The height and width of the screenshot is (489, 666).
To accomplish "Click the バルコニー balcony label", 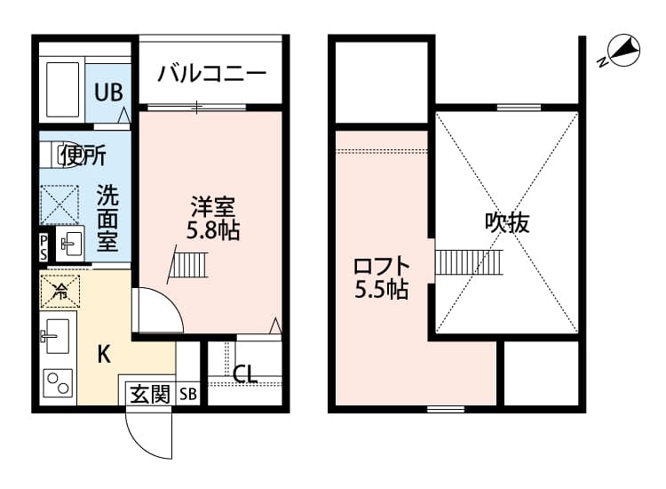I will tap(212, 73).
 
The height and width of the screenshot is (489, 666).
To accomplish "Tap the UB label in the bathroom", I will tap(110, 90).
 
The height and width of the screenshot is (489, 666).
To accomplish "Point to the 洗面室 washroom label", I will tap(107, 218).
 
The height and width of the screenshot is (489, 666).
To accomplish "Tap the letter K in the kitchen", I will tap(104, 354).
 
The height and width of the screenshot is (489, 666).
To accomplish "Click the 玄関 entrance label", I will tap(148, 394).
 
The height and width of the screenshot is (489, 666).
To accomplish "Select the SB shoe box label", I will tap(188, 394).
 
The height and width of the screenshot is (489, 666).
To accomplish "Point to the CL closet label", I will tap(245, 373).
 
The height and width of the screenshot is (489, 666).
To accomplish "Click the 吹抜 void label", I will tap(507, 222).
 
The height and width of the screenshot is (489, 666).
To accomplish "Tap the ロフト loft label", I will tap(382, 266).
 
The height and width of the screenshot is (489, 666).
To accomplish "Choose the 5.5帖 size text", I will tap(382, 290).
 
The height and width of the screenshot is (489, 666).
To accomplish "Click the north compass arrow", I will tap(622, 52).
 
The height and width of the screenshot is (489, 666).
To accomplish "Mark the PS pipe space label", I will tap(44, 246).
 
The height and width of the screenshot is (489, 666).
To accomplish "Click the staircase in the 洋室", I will tap(189, 263).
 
